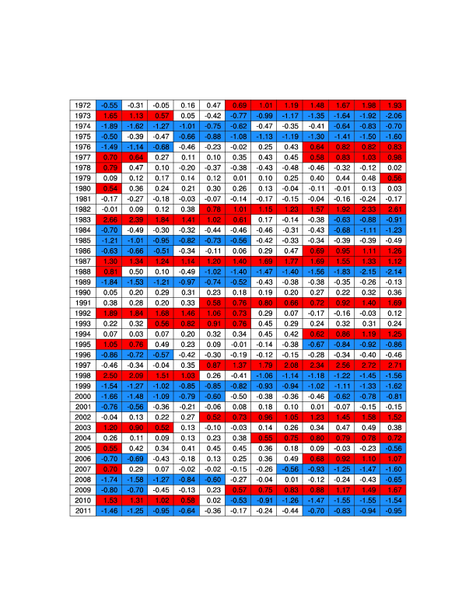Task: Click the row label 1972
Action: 82,105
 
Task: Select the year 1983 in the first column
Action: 82,222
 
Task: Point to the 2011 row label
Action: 82,510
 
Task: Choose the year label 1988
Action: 82,271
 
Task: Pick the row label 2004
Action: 82,438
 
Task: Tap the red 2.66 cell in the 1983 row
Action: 110,222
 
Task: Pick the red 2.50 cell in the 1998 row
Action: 110,375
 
